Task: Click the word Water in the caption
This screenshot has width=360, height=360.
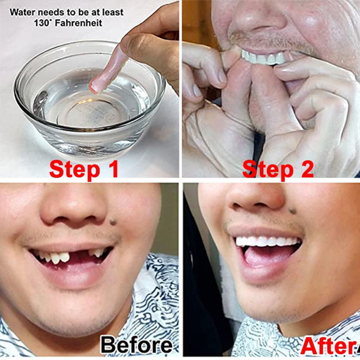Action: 23,12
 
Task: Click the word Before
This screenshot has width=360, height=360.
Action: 137,345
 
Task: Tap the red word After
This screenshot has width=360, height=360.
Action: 329,346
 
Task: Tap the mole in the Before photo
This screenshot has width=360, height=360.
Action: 113,222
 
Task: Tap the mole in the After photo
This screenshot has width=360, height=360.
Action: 292,210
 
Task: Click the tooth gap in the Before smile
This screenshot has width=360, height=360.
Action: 79,255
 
